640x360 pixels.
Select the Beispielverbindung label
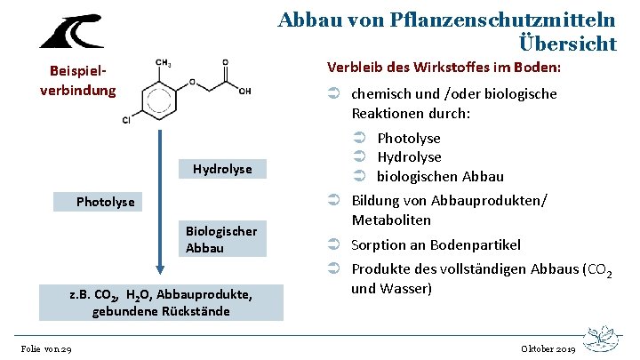click(x=77, y=81)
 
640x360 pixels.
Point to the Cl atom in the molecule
click(x=126, y=120)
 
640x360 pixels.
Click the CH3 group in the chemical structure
click(x=164, y=62)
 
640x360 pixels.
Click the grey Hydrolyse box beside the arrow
click(x=222, y=169)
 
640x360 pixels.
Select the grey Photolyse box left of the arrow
click(x=106, y=202)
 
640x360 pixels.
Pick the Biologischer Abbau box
click(x=221, y=240)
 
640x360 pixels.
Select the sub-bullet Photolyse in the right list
click(x=409, y=138)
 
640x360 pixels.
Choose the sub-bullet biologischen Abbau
click(x=440, y=175)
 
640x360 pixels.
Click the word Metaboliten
click(x=391, y=220)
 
